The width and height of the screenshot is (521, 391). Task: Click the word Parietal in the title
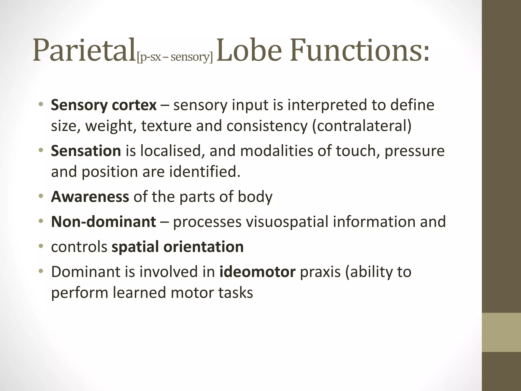(x=84, y=50)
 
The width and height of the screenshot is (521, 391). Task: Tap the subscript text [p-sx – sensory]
(x=175, y=57)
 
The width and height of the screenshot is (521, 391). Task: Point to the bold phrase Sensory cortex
(x=104, y=105)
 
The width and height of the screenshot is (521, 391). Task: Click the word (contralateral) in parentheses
(x=361, y=126)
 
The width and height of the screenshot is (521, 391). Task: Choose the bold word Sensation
(x=86, y=151)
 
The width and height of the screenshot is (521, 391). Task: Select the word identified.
(x=205, y=172)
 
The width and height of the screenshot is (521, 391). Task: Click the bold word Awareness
(x=90, y=197)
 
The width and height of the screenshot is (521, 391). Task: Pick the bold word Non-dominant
(x=104, y=221)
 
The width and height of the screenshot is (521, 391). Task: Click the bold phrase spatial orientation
(x=178, y=247)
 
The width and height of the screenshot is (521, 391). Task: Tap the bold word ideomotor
(x=257, y=272)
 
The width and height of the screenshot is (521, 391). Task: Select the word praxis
(x=320, y=272)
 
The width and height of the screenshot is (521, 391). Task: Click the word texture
(x=166, y=126)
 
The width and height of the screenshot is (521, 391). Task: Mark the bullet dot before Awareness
(x=41, y=196)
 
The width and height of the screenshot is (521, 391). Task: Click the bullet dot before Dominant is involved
(x=41, y=271)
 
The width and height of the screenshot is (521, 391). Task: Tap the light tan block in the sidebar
(x=501, y=332)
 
